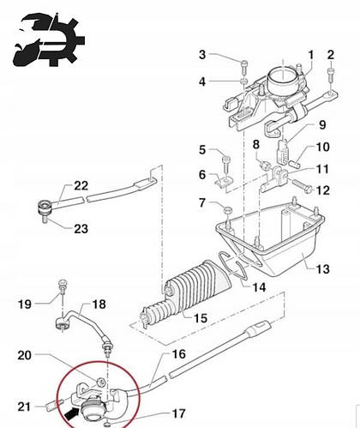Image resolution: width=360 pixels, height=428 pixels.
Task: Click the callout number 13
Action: click(323, 269)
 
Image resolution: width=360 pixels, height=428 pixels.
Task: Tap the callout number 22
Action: click(81, 185)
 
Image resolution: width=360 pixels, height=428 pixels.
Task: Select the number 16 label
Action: click(179, 354)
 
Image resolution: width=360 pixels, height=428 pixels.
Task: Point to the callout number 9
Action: click(322, 124)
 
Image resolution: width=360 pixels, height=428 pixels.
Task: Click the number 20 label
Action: click(25, 355)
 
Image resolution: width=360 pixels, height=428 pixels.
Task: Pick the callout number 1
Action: click(311, 55)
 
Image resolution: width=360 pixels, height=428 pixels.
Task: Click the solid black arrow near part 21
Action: click(70, 413)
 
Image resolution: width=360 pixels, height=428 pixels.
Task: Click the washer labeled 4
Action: click(243, 81)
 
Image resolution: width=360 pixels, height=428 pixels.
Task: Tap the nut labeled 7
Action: click(228, 211)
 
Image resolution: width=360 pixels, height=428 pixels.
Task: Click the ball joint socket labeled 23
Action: click(45, 208)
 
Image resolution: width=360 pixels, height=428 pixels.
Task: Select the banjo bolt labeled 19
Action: click(63, 286)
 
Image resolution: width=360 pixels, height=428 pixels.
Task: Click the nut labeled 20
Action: click(100, 382)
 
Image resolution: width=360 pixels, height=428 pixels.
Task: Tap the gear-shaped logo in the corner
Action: click(50, 40)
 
